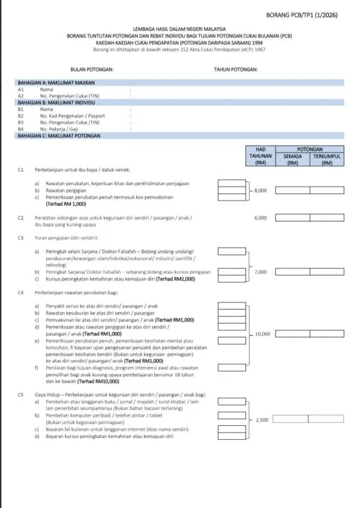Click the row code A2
point(21,95)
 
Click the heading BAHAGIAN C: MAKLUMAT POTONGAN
point(58,135)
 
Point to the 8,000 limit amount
point(260,190)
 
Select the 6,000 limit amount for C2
point(260,217)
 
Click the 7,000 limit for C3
point(260,272)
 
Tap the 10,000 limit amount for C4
point(262,334)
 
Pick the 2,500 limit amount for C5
point(261,419)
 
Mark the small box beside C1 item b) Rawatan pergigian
point(231,190)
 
